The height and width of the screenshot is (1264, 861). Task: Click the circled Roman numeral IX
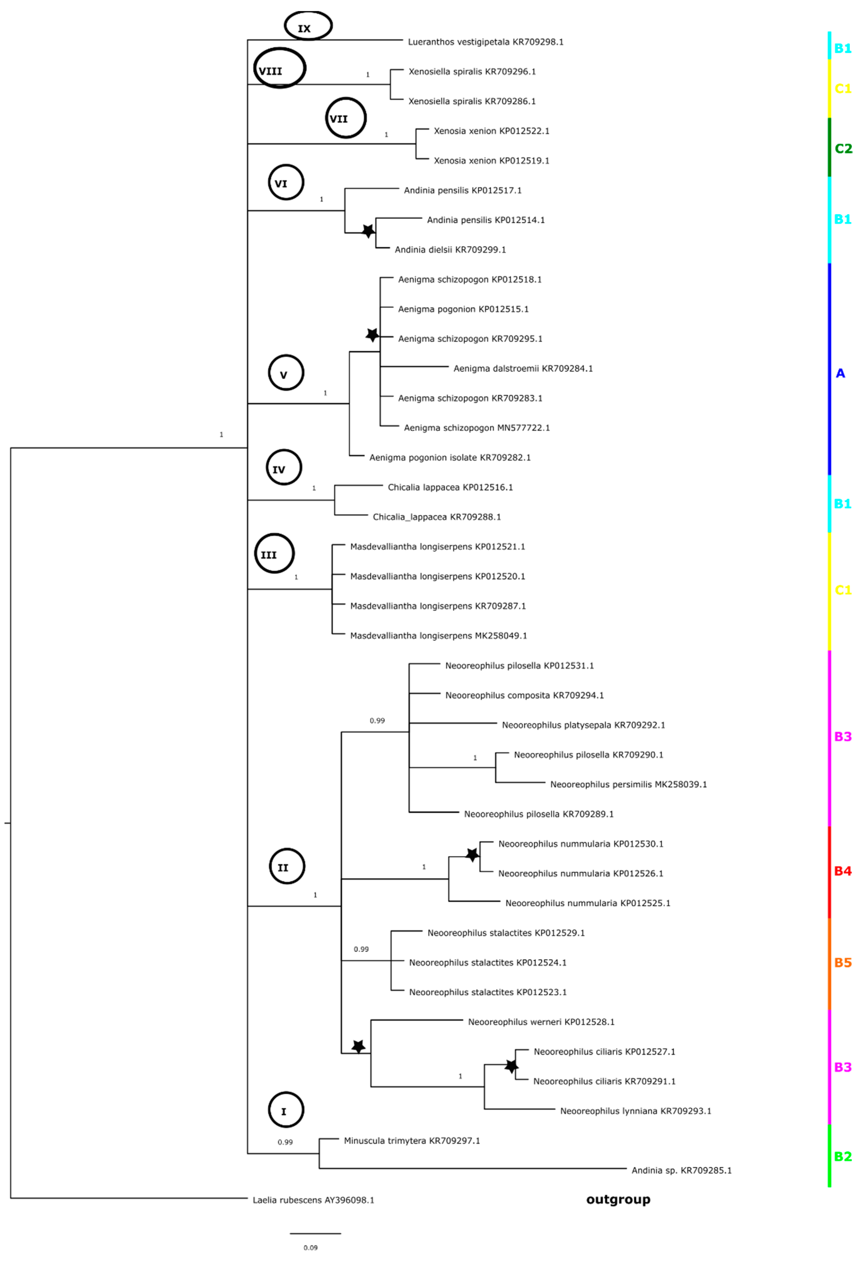click(308, 26)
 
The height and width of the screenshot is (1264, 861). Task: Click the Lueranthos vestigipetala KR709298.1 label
click(485, 42)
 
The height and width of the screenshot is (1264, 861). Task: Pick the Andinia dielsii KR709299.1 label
click(450, 250)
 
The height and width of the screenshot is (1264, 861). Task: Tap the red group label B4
click(842, 871)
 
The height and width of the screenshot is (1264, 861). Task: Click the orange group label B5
click(842, 963)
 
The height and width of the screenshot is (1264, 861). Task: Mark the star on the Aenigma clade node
click(372, 335)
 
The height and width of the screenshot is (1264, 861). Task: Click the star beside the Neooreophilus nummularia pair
click(472, 855)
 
